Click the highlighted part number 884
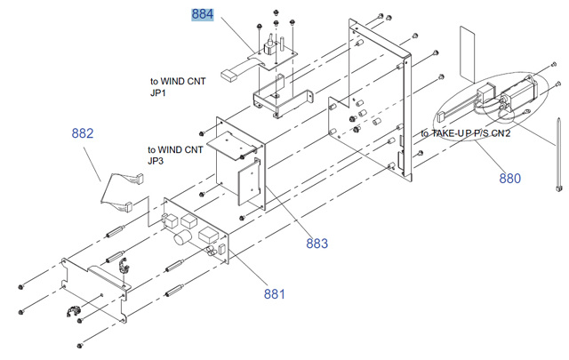[203, 15]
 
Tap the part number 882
[83, 134]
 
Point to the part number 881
[276, 292]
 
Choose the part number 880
[509, 178]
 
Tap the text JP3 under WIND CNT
[156, 161]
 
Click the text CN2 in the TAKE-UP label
[501, 133]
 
